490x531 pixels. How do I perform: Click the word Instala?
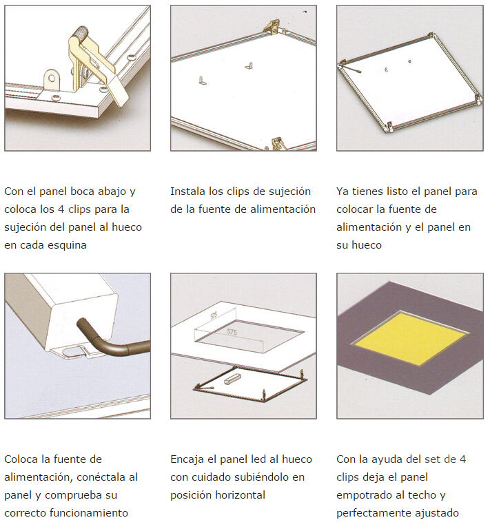click(188, 191)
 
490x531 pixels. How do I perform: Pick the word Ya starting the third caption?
click(343, 191)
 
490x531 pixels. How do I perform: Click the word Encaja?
click(187, 459)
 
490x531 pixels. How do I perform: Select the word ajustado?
click(437, 512)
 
